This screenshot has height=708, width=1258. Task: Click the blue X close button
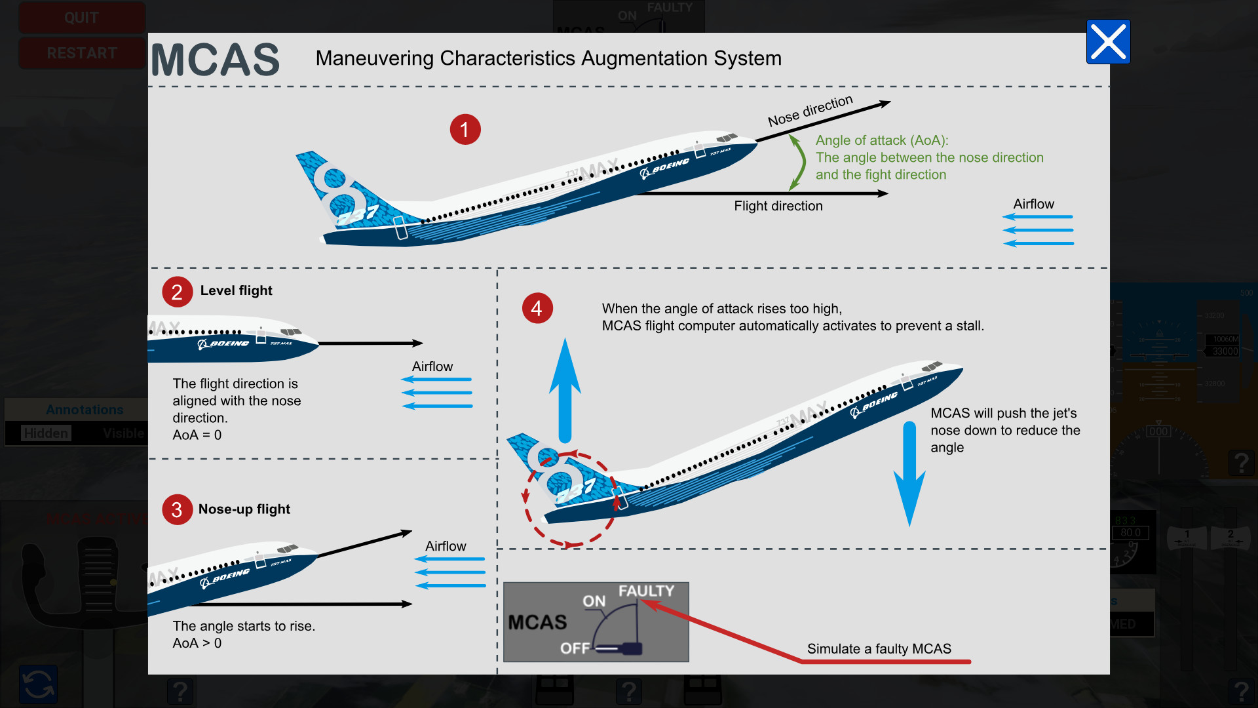click(x=1108, y=42)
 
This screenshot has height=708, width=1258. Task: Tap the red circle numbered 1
click(x=465, y=129)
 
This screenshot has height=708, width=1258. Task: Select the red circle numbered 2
click(x=177, y=292)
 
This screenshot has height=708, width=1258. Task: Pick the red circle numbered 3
click(x=177, y=509)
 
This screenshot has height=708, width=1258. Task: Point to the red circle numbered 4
click(x=537, y=308)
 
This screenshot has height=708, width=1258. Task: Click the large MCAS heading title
click(x=216, y=60)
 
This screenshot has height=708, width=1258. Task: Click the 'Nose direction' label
click(x=810, y=111)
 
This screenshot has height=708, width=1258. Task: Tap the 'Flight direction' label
click(x=778, y=206)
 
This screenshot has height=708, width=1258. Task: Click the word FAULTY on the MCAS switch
click(x=646, y=591)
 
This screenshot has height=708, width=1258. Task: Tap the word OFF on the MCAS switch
click(x=575, y=648)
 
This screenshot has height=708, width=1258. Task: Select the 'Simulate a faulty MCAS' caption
click(x=879, y=649)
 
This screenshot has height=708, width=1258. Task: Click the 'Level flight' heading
click(x=236, y=290)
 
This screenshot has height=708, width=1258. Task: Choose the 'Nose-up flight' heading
click(x=244, y=509)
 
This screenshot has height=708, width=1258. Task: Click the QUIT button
click(x=81, y=18)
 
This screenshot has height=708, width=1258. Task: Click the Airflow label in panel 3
click(x=446, y=546)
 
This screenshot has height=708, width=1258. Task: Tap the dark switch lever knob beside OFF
click(x=631, y=648)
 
